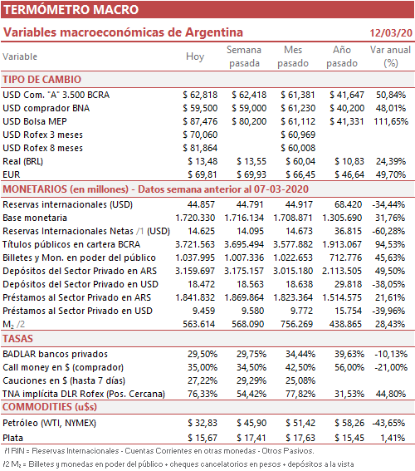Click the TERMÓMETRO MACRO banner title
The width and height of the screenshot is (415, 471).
71,10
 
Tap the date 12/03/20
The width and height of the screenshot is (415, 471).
391,32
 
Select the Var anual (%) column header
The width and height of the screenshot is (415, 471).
390,56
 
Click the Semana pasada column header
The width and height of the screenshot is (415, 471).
244,56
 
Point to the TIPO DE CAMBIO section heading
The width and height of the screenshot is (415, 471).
42,80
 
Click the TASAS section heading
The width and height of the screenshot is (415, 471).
17,339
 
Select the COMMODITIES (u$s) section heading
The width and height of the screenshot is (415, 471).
50,407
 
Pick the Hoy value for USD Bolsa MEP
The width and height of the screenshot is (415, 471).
200,121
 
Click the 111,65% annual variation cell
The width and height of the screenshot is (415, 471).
391,121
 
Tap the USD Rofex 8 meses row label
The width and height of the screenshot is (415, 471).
42,148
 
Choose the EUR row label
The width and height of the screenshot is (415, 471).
12,174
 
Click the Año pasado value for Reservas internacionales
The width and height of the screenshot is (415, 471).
348,204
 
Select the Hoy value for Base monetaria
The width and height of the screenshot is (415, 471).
195,218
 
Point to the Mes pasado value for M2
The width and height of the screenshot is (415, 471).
296,324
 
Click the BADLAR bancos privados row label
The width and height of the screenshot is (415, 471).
56,354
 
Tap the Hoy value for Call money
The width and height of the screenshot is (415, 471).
203,367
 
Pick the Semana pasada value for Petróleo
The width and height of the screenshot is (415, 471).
251,423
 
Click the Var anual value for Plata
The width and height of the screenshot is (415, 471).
393,438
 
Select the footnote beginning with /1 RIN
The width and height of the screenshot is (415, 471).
159,451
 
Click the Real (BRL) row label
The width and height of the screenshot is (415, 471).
22,161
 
